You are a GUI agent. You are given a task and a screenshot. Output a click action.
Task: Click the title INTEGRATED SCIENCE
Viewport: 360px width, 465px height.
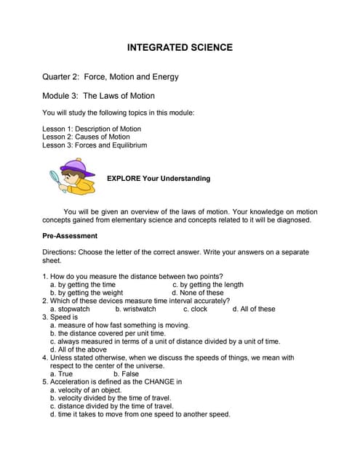[180, 48]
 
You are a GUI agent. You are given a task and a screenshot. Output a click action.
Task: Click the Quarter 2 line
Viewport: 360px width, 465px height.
[111, 76]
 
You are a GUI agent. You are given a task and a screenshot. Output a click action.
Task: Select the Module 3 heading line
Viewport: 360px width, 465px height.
[98, 95]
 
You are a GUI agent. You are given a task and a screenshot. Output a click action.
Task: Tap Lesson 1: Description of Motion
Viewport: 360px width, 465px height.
[92, 129]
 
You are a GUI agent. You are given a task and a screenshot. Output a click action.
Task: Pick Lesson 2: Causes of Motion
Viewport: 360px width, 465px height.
[86, 137]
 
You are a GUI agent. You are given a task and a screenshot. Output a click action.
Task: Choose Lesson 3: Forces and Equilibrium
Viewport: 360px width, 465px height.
[95, 145]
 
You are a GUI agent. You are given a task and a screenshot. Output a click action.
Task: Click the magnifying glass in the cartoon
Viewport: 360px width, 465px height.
[55, 178]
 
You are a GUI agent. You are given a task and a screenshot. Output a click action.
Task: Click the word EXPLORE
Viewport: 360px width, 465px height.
[124, 179]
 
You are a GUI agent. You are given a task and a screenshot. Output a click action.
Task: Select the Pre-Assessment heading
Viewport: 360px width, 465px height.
[70, 236]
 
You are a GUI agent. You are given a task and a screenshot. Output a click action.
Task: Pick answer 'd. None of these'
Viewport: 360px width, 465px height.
[197, 293]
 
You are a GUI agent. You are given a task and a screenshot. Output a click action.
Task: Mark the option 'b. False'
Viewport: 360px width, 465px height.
[121, 373]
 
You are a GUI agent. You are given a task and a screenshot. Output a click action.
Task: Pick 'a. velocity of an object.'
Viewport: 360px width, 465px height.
[86, 390]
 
